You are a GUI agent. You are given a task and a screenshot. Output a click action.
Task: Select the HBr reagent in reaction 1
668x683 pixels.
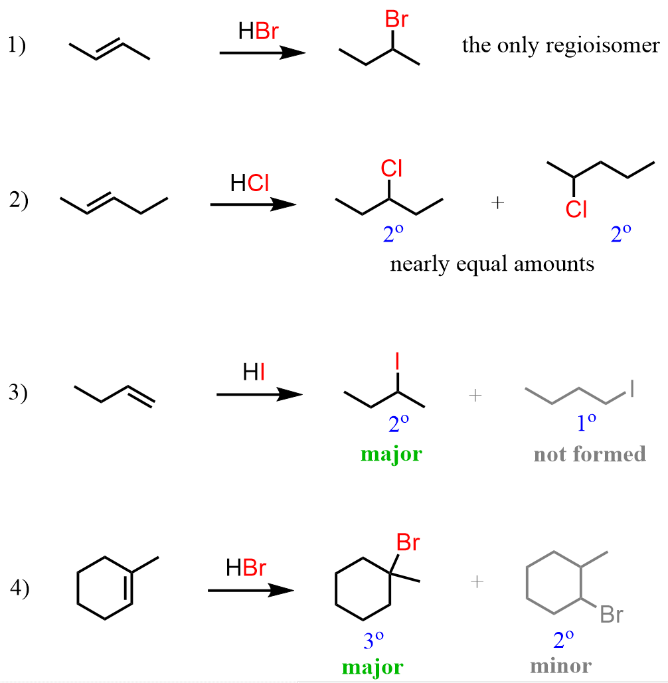click(259, 31)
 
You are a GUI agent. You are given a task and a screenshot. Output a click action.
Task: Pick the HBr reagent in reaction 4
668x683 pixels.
click(246, 568)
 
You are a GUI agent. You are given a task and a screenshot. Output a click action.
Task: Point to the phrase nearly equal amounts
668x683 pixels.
click(492, 264)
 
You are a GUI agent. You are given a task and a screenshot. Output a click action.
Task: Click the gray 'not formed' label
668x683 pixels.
click(589, 454)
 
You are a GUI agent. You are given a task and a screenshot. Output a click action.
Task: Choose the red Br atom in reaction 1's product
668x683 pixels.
click(396, 21)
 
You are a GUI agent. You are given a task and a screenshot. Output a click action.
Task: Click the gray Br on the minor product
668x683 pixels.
click(611, 615)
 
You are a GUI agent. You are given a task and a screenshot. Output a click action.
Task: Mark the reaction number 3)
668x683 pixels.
click(18, 393)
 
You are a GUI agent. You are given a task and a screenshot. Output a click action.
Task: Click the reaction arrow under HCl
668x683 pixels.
click(252, 205)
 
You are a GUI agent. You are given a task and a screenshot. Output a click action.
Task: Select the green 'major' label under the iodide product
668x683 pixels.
click(391, 455)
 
